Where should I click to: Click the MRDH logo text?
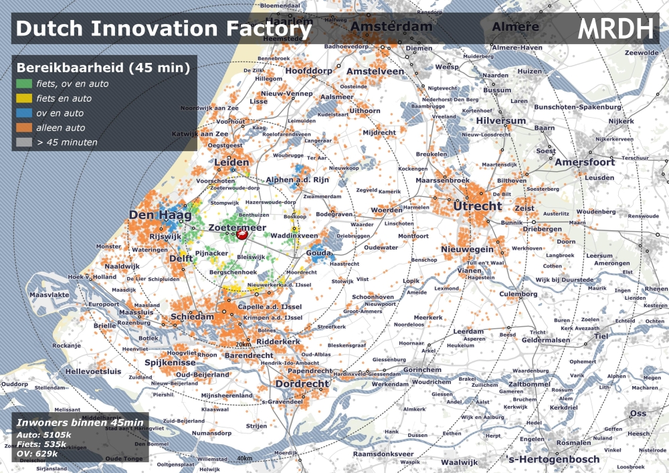(615, 28)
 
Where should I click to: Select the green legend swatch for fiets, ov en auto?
(24, 84)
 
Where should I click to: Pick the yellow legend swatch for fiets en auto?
(24, 99)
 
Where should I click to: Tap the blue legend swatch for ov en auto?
(24, 113)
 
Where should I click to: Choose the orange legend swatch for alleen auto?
(24, 128)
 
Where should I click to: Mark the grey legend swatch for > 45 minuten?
(24, 142)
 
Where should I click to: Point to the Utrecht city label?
(477, 206)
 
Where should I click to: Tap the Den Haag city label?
(160, 215)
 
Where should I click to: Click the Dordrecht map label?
(302, 385)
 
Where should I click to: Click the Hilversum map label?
(501, 120)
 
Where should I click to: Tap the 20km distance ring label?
(243, 345)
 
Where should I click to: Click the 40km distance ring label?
(244, 458)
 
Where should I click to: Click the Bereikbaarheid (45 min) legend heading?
(102, 68)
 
